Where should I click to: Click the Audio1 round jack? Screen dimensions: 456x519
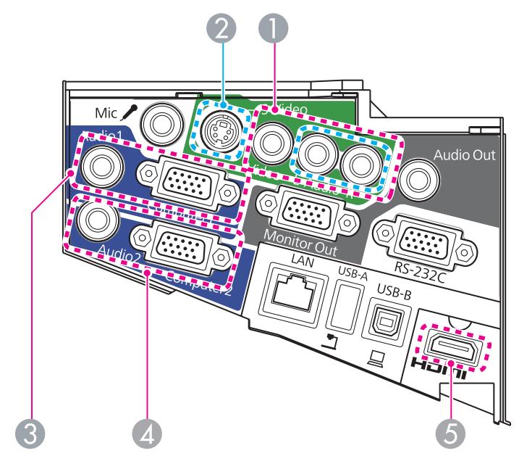(x=97, y=166)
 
